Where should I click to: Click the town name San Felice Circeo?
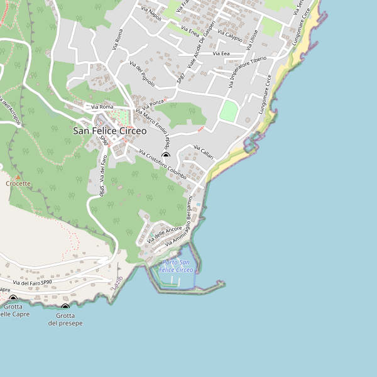coord(109,131)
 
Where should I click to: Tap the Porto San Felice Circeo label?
coord(177,266)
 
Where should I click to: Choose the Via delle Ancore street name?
coord(164,234)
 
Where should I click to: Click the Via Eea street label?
coord(221,54)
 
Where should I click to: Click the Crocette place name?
coord(18,184)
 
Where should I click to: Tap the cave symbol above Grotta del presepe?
coord(65,307)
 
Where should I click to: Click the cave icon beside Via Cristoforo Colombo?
coord(166,156)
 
